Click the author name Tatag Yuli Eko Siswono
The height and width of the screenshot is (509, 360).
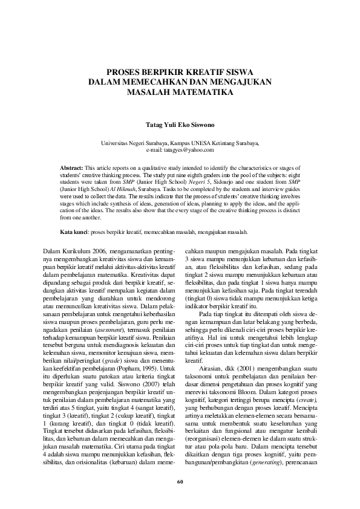(x=180, y=127)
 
